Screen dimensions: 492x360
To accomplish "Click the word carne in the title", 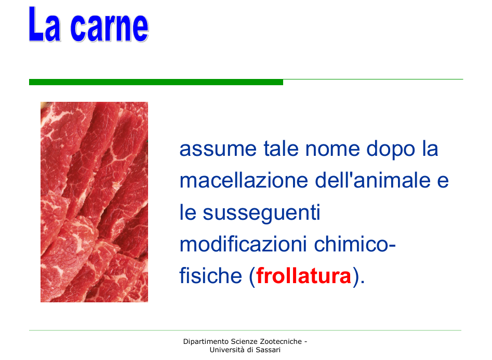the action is point(110,27).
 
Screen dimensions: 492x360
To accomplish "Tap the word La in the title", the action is point(44,24).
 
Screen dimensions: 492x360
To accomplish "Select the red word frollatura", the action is point(303,275).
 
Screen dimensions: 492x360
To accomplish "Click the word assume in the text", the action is point(218,149).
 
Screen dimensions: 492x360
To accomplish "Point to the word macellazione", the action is point(244,180).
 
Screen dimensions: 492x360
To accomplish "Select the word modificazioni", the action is point(243,244).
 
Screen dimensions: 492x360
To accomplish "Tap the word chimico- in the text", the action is point(355,244).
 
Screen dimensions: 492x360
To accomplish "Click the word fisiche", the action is point(210,275).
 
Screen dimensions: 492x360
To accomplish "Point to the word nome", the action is point(333,149).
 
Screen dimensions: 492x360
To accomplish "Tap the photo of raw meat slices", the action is point(94,202).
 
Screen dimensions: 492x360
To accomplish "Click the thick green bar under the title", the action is point(156,82).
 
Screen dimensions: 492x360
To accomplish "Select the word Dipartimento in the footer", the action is point(206,341).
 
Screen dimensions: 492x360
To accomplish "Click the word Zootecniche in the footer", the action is point(281,341).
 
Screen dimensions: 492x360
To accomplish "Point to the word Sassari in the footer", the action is point(268,350).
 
